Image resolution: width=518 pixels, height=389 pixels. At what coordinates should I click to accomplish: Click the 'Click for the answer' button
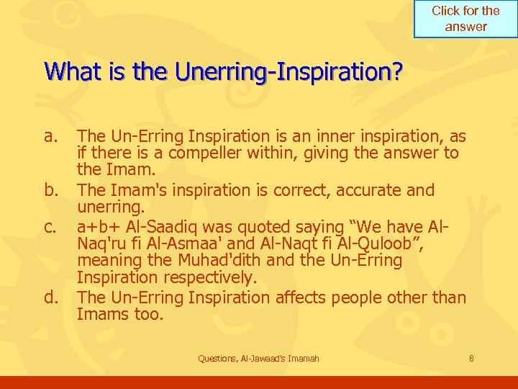(465, 19)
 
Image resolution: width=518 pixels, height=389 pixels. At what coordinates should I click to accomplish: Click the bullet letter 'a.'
(50, 136)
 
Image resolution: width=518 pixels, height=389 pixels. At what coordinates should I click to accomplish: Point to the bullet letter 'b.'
(51, 190)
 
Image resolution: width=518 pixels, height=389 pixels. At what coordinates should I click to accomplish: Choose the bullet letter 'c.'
(50, 226)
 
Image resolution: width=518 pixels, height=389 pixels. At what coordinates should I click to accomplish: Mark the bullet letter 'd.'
(51, 297)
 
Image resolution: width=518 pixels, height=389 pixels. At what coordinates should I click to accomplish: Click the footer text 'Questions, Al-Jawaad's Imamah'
(258, 359)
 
